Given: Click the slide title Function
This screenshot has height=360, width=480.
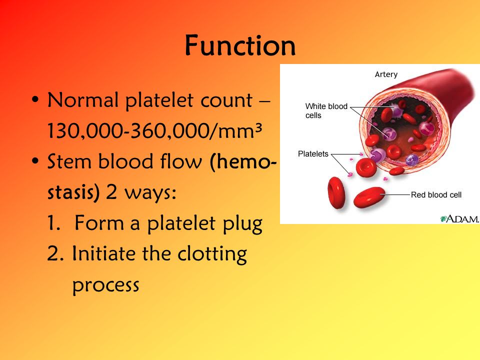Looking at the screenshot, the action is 240,45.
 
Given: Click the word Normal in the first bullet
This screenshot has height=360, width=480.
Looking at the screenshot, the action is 83,100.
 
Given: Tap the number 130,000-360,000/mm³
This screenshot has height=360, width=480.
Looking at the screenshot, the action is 154,130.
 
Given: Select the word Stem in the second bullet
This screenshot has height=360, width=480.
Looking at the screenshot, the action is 69,161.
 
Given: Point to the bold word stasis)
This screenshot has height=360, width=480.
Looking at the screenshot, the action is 74,192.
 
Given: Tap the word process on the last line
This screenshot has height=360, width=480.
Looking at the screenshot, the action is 105,285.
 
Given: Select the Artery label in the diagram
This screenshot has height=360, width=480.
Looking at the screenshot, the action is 386,74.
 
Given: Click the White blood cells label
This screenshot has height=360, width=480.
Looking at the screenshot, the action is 326,110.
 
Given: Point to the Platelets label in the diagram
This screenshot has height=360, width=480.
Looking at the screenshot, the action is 313,153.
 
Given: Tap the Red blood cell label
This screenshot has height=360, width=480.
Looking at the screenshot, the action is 436,194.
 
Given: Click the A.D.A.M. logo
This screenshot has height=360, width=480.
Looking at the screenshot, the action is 459,219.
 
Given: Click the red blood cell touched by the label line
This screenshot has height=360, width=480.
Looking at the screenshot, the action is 369,197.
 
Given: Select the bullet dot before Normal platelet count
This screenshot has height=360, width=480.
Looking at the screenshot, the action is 35,100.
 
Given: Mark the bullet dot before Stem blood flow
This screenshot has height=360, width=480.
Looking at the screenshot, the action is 35,161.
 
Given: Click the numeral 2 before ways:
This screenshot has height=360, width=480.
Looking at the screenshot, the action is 111,192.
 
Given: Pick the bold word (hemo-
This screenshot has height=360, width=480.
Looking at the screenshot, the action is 243,161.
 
